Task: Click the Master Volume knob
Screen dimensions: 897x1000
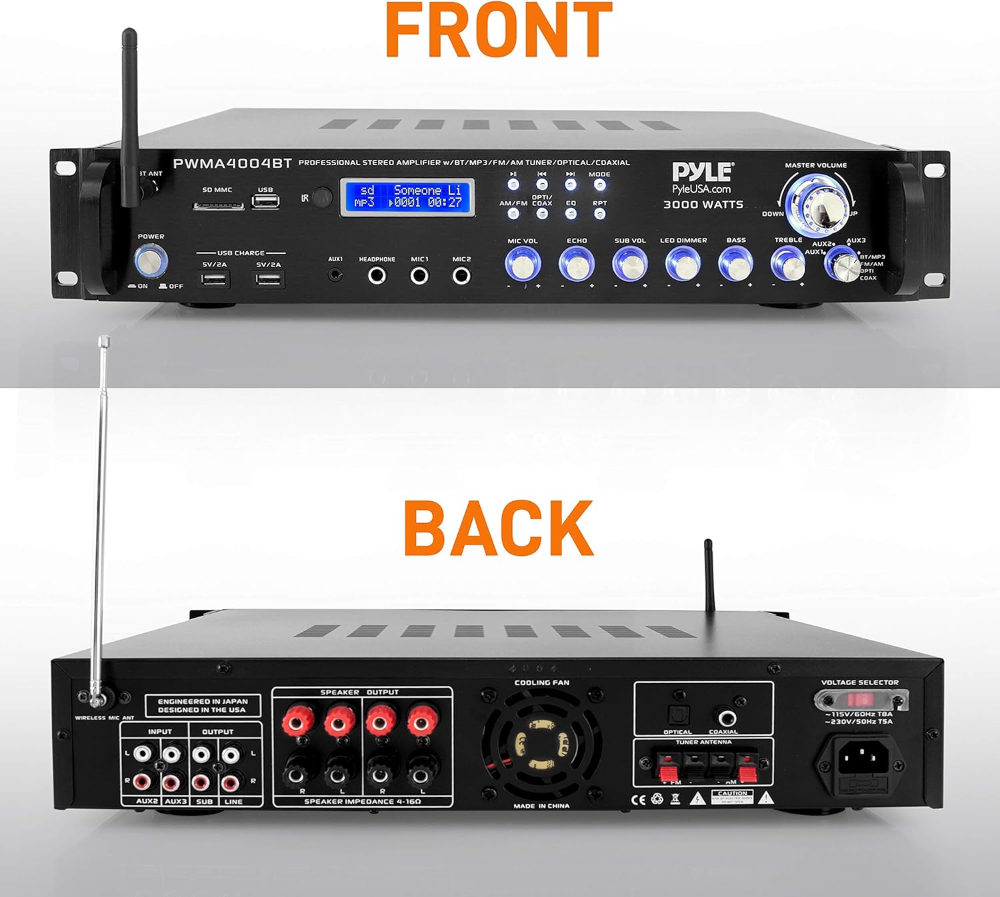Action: click(x=817, y=202)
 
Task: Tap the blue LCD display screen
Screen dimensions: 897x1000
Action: click(x=407, y=197)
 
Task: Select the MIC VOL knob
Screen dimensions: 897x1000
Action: click(x=523, y=264)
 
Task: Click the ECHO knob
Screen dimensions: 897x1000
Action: click(x=576, y=264)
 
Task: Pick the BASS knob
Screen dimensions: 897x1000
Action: click(x=735, y=264)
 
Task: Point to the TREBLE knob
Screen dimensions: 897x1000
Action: click(x=787, y=264)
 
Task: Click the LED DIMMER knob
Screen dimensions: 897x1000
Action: click(x=683, y=264)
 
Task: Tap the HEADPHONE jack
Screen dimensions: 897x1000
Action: click(x=377, y=275)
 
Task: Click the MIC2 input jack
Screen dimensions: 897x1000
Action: click(x=461, y=275)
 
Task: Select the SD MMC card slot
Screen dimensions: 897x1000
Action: click(x=218, y=205)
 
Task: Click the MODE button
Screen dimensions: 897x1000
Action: click(x=599, y=185)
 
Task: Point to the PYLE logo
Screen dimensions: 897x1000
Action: click(x=702, y=173)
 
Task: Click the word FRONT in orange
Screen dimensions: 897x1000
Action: click(x=499, y=30)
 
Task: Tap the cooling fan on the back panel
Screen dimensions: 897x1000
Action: click(x=541, y=744)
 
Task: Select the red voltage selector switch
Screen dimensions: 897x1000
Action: click(x=859, y=700)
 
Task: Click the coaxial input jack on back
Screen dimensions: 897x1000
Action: click(x=723, y=717)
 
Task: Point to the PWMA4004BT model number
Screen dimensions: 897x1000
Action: click(x=232, y=164)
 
